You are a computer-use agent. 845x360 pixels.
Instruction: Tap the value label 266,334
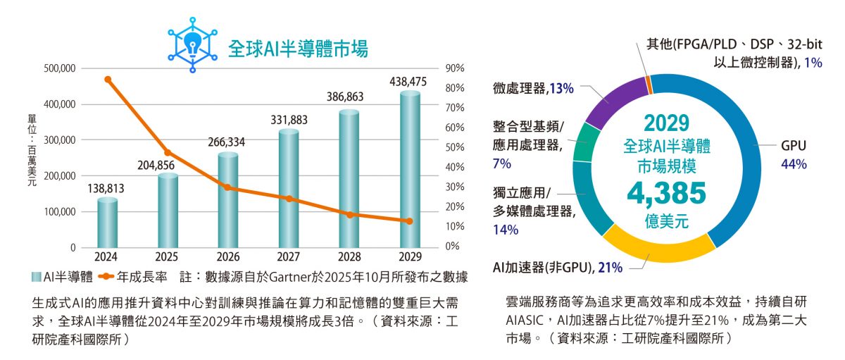click(226, 142)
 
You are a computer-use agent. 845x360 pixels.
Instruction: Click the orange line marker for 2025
click(167, 153)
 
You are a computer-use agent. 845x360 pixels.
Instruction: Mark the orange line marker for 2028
click(350, 214)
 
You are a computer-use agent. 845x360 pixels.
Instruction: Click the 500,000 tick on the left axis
click(59, 68)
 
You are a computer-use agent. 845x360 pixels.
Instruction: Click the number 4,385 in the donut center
click(666, 192)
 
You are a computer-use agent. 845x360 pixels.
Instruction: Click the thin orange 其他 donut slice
click(649, 85)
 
